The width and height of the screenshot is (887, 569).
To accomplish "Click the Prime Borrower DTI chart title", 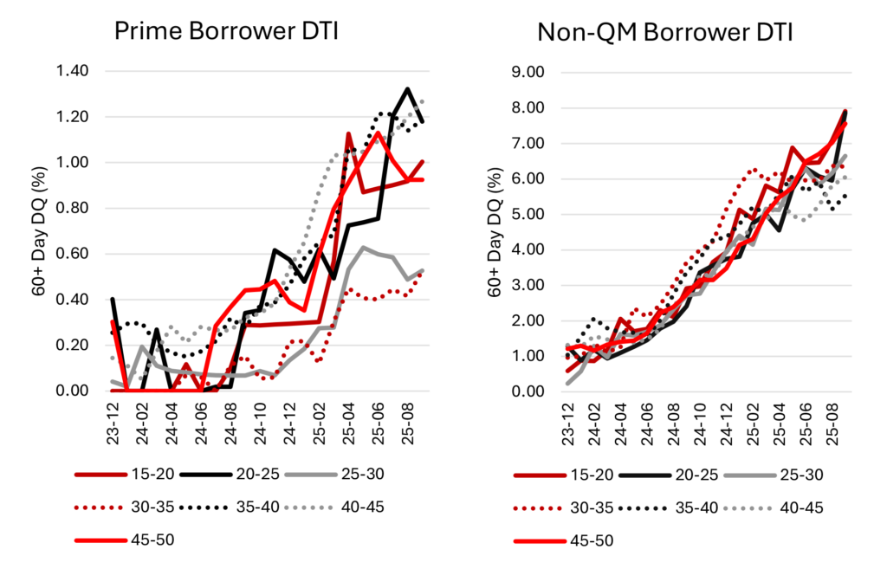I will pos(226,34).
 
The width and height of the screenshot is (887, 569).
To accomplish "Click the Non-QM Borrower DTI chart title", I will pos(664,34).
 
